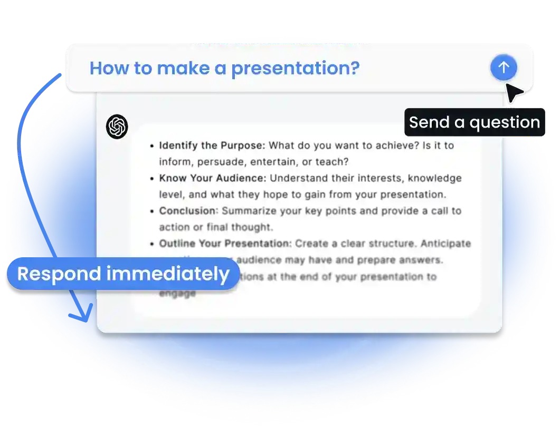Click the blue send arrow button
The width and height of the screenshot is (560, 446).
(x=504, y=67)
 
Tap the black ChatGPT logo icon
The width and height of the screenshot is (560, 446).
(x=117, y=127)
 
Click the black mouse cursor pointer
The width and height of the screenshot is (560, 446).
(x=514, y=93)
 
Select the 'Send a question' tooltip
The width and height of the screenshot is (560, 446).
(x=474, y=122)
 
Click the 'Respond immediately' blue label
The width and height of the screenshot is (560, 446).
(x=123, y=274)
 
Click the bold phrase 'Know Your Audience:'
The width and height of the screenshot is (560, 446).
(x=213, y=178)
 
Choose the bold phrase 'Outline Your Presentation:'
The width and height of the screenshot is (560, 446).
(x=225, y=244)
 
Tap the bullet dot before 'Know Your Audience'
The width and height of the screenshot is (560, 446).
(x=152, y=179)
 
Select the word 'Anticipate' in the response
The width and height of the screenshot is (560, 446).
(x=445, y=244)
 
